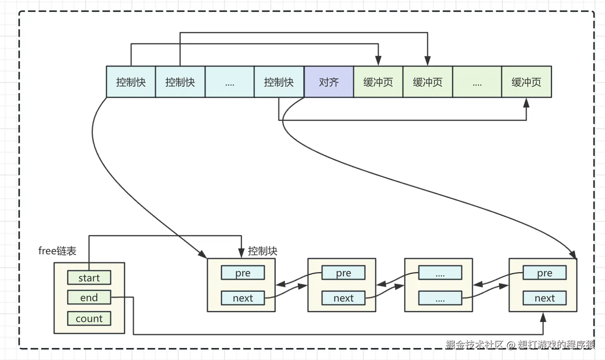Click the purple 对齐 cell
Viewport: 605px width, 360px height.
pos(329,82)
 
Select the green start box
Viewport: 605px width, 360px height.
pos(89,278)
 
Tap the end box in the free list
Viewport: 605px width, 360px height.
pos(89,297)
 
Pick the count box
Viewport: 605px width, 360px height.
pos(89,319)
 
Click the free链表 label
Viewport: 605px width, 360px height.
pos(57,251)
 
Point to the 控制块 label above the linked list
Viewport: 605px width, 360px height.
pos(263,251)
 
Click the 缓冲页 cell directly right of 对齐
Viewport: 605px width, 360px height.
pos(378,82)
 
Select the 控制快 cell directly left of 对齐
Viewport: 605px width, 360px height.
pos(279,82)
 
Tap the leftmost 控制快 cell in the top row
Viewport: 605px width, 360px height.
pos(131,82)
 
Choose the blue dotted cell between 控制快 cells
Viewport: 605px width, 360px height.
pos(230,82)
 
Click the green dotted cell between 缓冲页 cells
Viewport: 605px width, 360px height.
pos(477,82)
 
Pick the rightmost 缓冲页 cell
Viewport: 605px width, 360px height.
pos(527,82)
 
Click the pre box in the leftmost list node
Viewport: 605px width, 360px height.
pos(243,273)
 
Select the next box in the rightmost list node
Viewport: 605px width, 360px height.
pos(545,298)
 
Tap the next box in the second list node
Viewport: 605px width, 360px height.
pos(343,298)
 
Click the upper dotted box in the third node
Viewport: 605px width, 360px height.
pos(440,273)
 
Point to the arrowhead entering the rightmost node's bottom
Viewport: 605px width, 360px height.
pos(543,317)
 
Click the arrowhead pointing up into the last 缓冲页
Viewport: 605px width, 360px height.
pos(526,103)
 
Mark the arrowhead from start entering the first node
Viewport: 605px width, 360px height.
pos(241,253)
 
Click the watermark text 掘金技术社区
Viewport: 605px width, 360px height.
pos(474,345)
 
